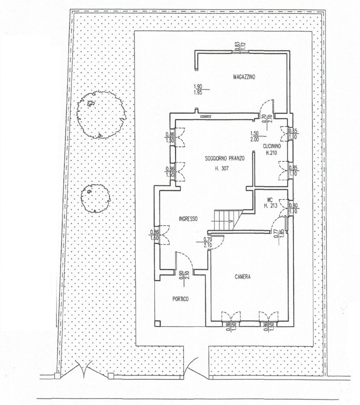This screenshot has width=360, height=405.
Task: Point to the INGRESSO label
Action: tap(188, 219)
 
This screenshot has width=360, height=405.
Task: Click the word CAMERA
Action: tap(243, 277)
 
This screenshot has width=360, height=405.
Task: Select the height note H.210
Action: tap(271, 153)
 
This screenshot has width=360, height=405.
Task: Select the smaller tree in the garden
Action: tap(96, 198)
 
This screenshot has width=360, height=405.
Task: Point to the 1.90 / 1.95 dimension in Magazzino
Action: tap(198, 89)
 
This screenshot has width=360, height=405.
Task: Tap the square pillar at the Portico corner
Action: tap(158, 323)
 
